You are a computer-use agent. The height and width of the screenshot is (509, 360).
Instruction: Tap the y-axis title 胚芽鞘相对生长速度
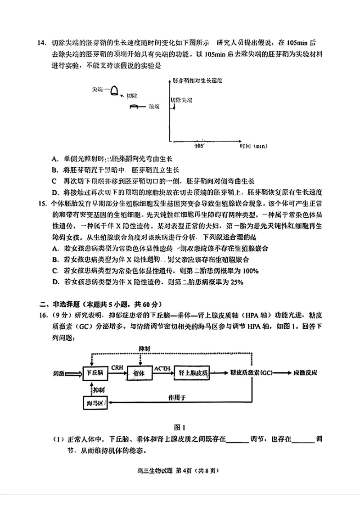(x=198, y=80)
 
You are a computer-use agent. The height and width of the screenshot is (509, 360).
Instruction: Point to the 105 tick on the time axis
(x=199, y=146)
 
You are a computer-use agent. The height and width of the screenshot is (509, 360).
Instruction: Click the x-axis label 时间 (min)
(x=254, y=146)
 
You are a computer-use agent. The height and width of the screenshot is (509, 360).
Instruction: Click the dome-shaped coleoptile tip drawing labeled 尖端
(x=115, y=90)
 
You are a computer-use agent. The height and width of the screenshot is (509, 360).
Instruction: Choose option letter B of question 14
(x=54, y=170)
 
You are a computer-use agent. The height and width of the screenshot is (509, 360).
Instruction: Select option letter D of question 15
(x=54, y=282)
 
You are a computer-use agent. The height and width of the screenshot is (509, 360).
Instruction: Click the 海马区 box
(x=95, y=402)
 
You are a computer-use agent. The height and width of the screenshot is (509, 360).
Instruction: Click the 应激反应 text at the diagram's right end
(x=306, y=373)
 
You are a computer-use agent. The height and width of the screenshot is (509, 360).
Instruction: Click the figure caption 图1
(x=180, y=427)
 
